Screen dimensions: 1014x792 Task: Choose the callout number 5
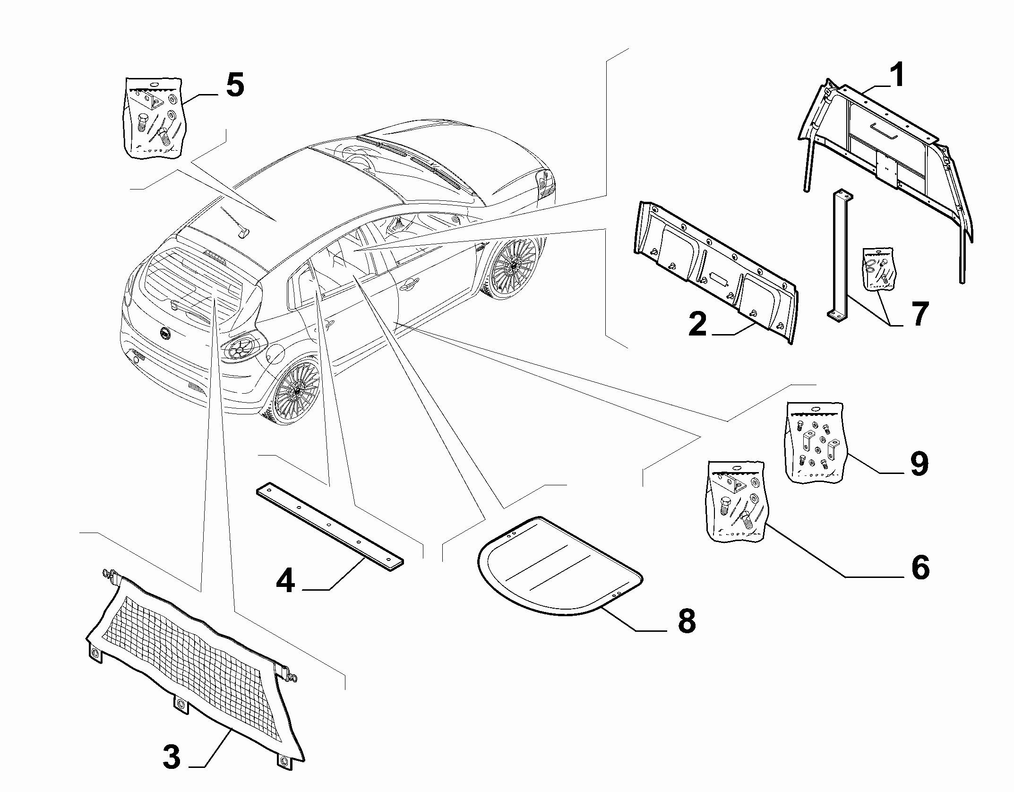coord(235,86)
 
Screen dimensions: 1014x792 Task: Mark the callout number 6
coord(920,568)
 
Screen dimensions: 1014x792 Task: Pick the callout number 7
coord(919,314)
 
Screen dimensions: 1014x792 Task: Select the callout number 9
coord(919,464)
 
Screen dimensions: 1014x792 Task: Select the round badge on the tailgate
coord(165,334)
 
